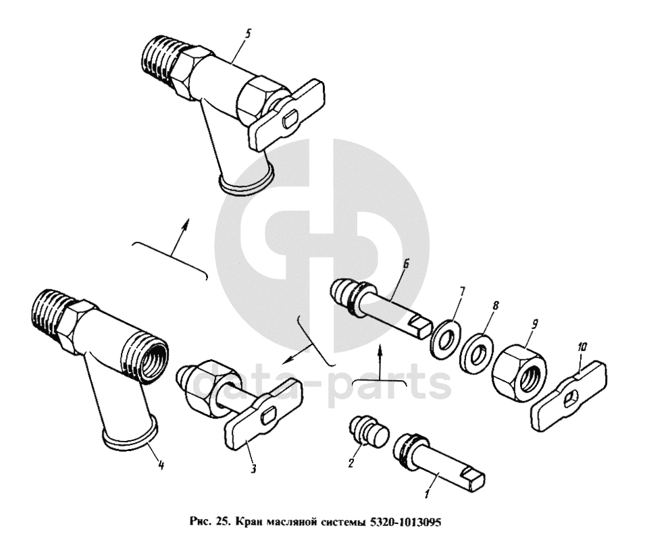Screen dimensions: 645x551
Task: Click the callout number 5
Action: coord(247,34)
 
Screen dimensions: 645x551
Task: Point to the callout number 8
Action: coord(496,305)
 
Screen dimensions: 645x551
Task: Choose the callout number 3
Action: coord(253,468)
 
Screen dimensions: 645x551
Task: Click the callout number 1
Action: coord(428,493)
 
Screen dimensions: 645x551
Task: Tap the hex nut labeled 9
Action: coord(519,374)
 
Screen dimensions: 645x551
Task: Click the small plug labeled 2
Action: coord(369,431)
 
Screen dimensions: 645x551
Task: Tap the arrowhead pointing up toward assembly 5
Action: coord(186,224)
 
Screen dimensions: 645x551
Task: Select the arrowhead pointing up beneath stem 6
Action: coord(380,350)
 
